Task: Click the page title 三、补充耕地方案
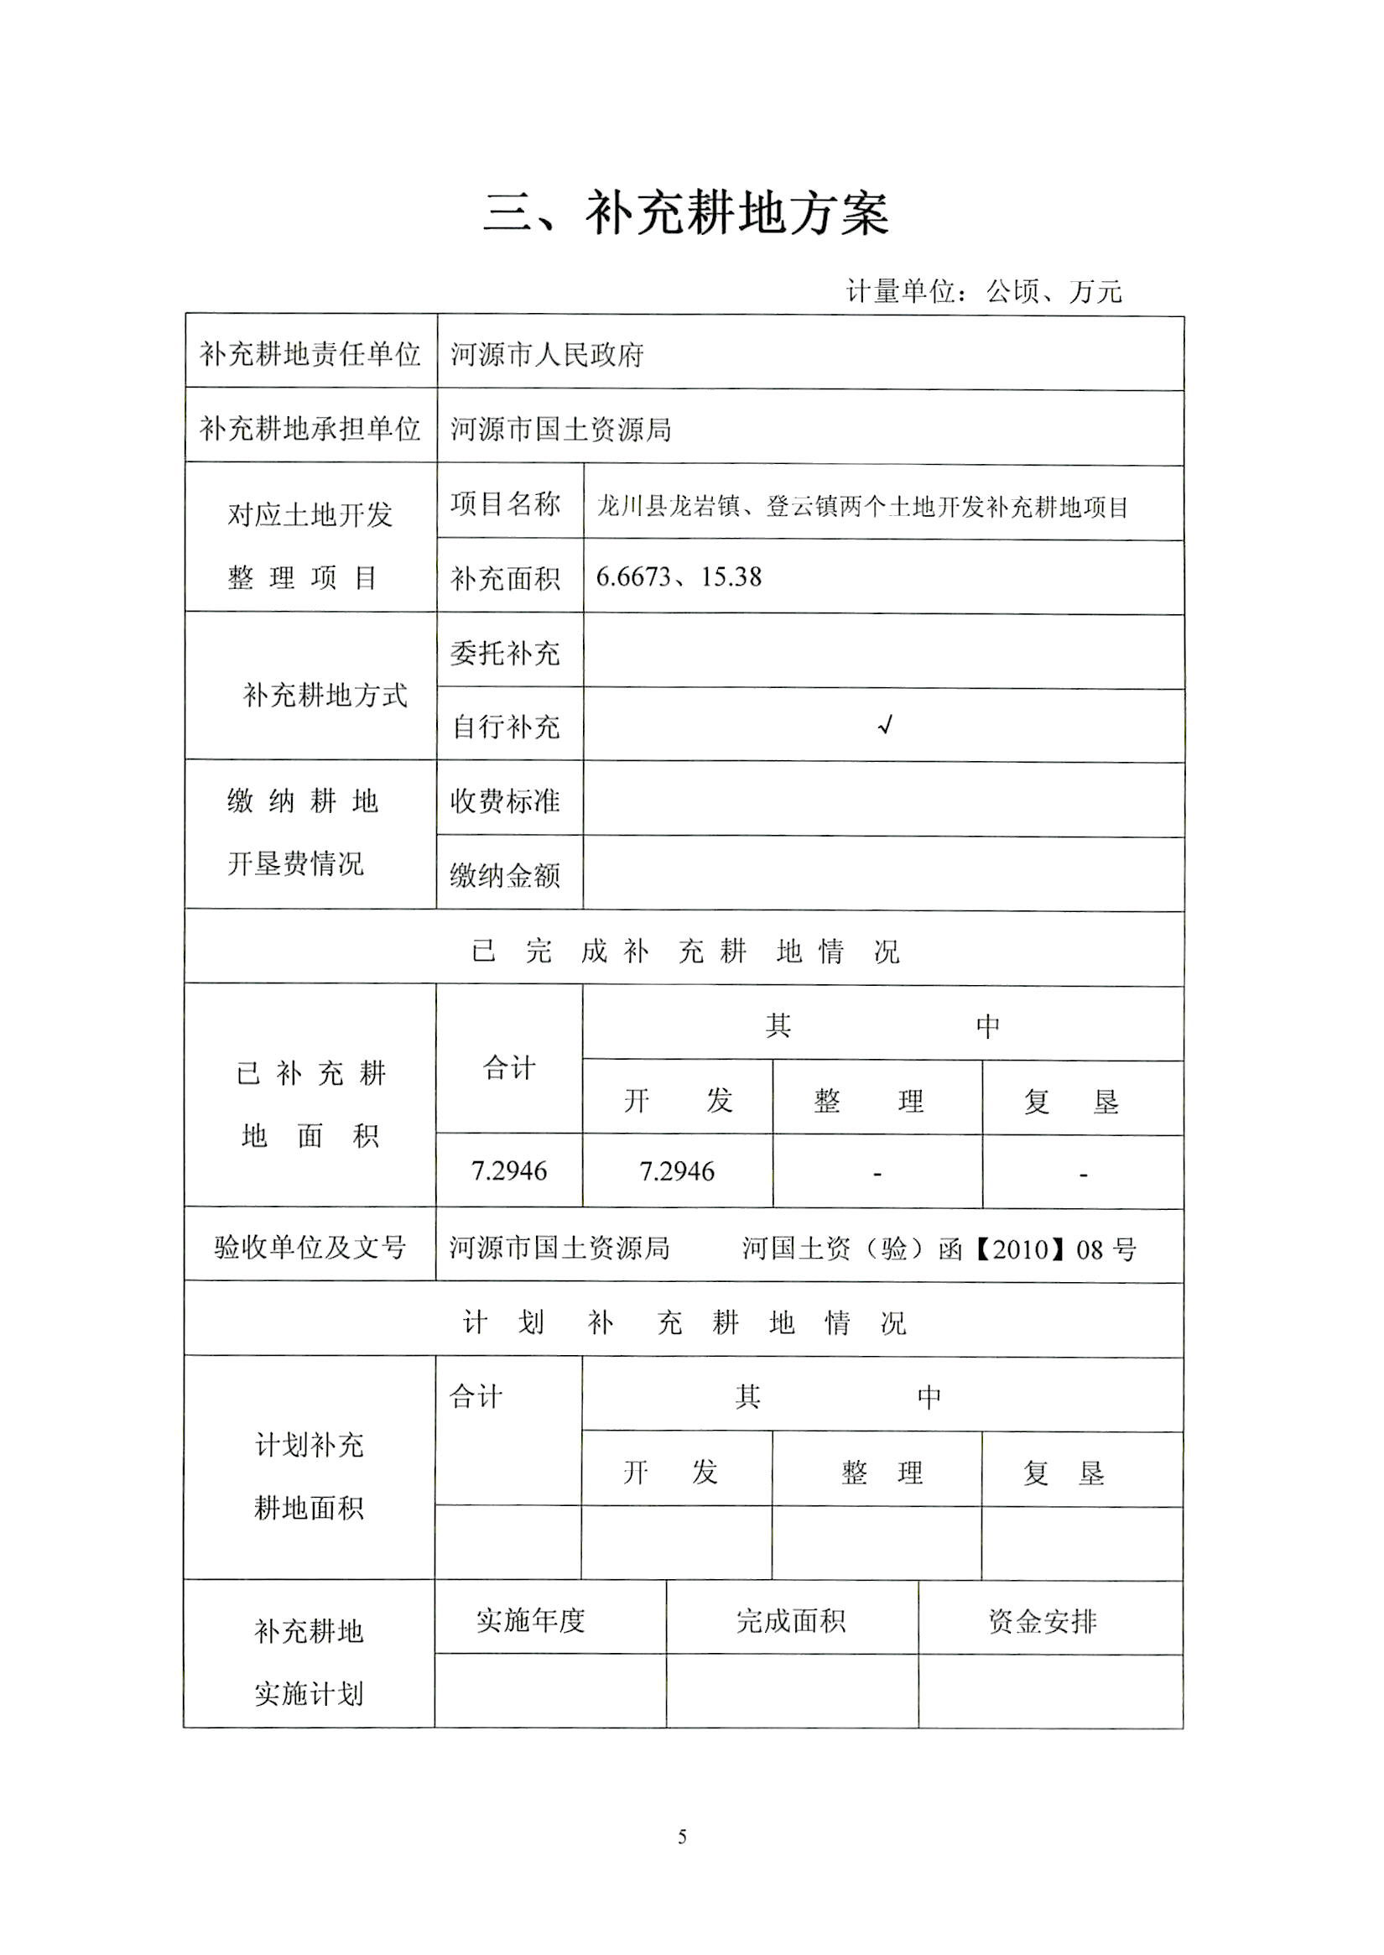(x=686, y=213)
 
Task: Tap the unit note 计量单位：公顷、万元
(x=983, y=292)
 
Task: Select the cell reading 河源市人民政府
(x=547, y=354)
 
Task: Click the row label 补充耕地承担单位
(x=310, y=428)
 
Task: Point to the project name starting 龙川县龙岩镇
(x=862, y=507)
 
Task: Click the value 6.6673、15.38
(x=679, y=577)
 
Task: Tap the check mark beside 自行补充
(x=886, y=726)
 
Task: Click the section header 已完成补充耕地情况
(x=685, y=951)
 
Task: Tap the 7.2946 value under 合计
(x=509, y=1170)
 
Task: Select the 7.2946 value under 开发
(x=677, y=1171)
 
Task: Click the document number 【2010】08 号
(x=1054, y=1250)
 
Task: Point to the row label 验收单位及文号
(x=310, y=1248)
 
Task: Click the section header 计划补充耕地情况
(x=684, y=1322)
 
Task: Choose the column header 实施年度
(x=530, y=1621)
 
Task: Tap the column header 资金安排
(x=1043, y=1621)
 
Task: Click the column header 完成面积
(x=791, y=1621)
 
